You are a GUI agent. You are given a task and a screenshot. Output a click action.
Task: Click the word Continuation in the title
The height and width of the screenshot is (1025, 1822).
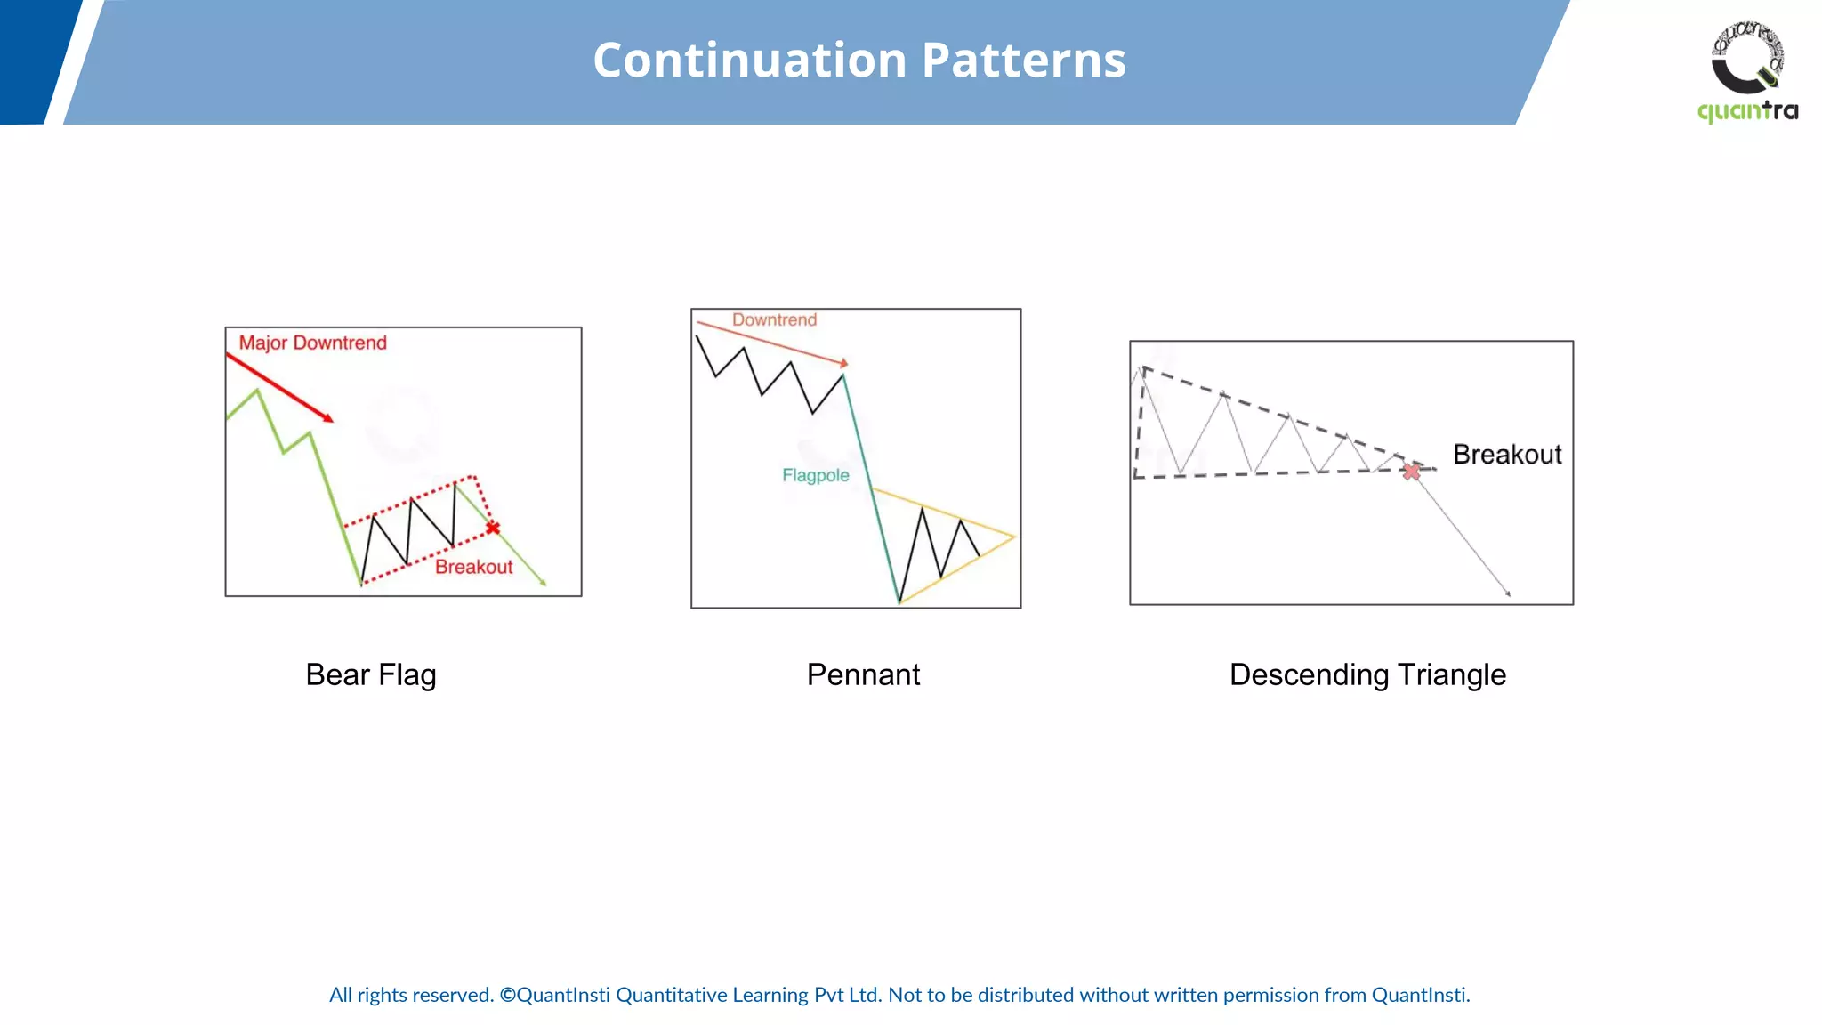coord(749,61)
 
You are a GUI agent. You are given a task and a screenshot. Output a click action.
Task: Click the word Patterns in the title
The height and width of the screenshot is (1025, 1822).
coord(1023,61)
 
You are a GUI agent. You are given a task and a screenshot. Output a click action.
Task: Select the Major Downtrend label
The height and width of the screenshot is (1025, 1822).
coord(312,343)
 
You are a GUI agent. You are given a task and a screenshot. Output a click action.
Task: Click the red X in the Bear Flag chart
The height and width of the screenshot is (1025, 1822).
coord(493,528)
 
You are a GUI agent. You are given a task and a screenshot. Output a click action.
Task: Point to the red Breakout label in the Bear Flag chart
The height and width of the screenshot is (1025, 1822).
coord(473,568)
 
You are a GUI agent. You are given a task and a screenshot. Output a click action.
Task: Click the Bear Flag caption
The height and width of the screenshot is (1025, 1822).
coord(371,674)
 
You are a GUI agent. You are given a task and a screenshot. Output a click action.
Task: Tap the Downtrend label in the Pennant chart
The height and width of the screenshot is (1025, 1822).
coord(774,320)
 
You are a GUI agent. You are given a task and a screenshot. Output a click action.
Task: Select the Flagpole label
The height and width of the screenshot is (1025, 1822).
coord(815,476)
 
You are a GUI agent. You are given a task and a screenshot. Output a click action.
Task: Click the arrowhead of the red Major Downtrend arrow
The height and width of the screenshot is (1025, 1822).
coord(329,418)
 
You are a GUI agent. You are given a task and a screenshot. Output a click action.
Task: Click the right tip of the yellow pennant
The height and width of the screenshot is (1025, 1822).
coord(1013,537)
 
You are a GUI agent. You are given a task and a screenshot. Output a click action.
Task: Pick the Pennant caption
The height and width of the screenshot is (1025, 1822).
coord(863,674)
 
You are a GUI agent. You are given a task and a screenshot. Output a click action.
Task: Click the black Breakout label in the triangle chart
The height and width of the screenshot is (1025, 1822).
coord(1507,455)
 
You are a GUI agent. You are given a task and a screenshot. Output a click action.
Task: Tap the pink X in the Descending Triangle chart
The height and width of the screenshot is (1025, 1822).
coord(1411,472)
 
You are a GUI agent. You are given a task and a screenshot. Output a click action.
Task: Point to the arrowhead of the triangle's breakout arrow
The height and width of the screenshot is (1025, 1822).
coord(1508,593)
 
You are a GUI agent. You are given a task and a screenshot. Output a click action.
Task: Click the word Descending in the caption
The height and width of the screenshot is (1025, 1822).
coord(1309,674)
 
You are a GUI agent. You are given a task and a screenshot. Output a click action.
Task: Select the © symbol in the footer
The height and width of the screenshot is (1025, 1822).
coord(507,995)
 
